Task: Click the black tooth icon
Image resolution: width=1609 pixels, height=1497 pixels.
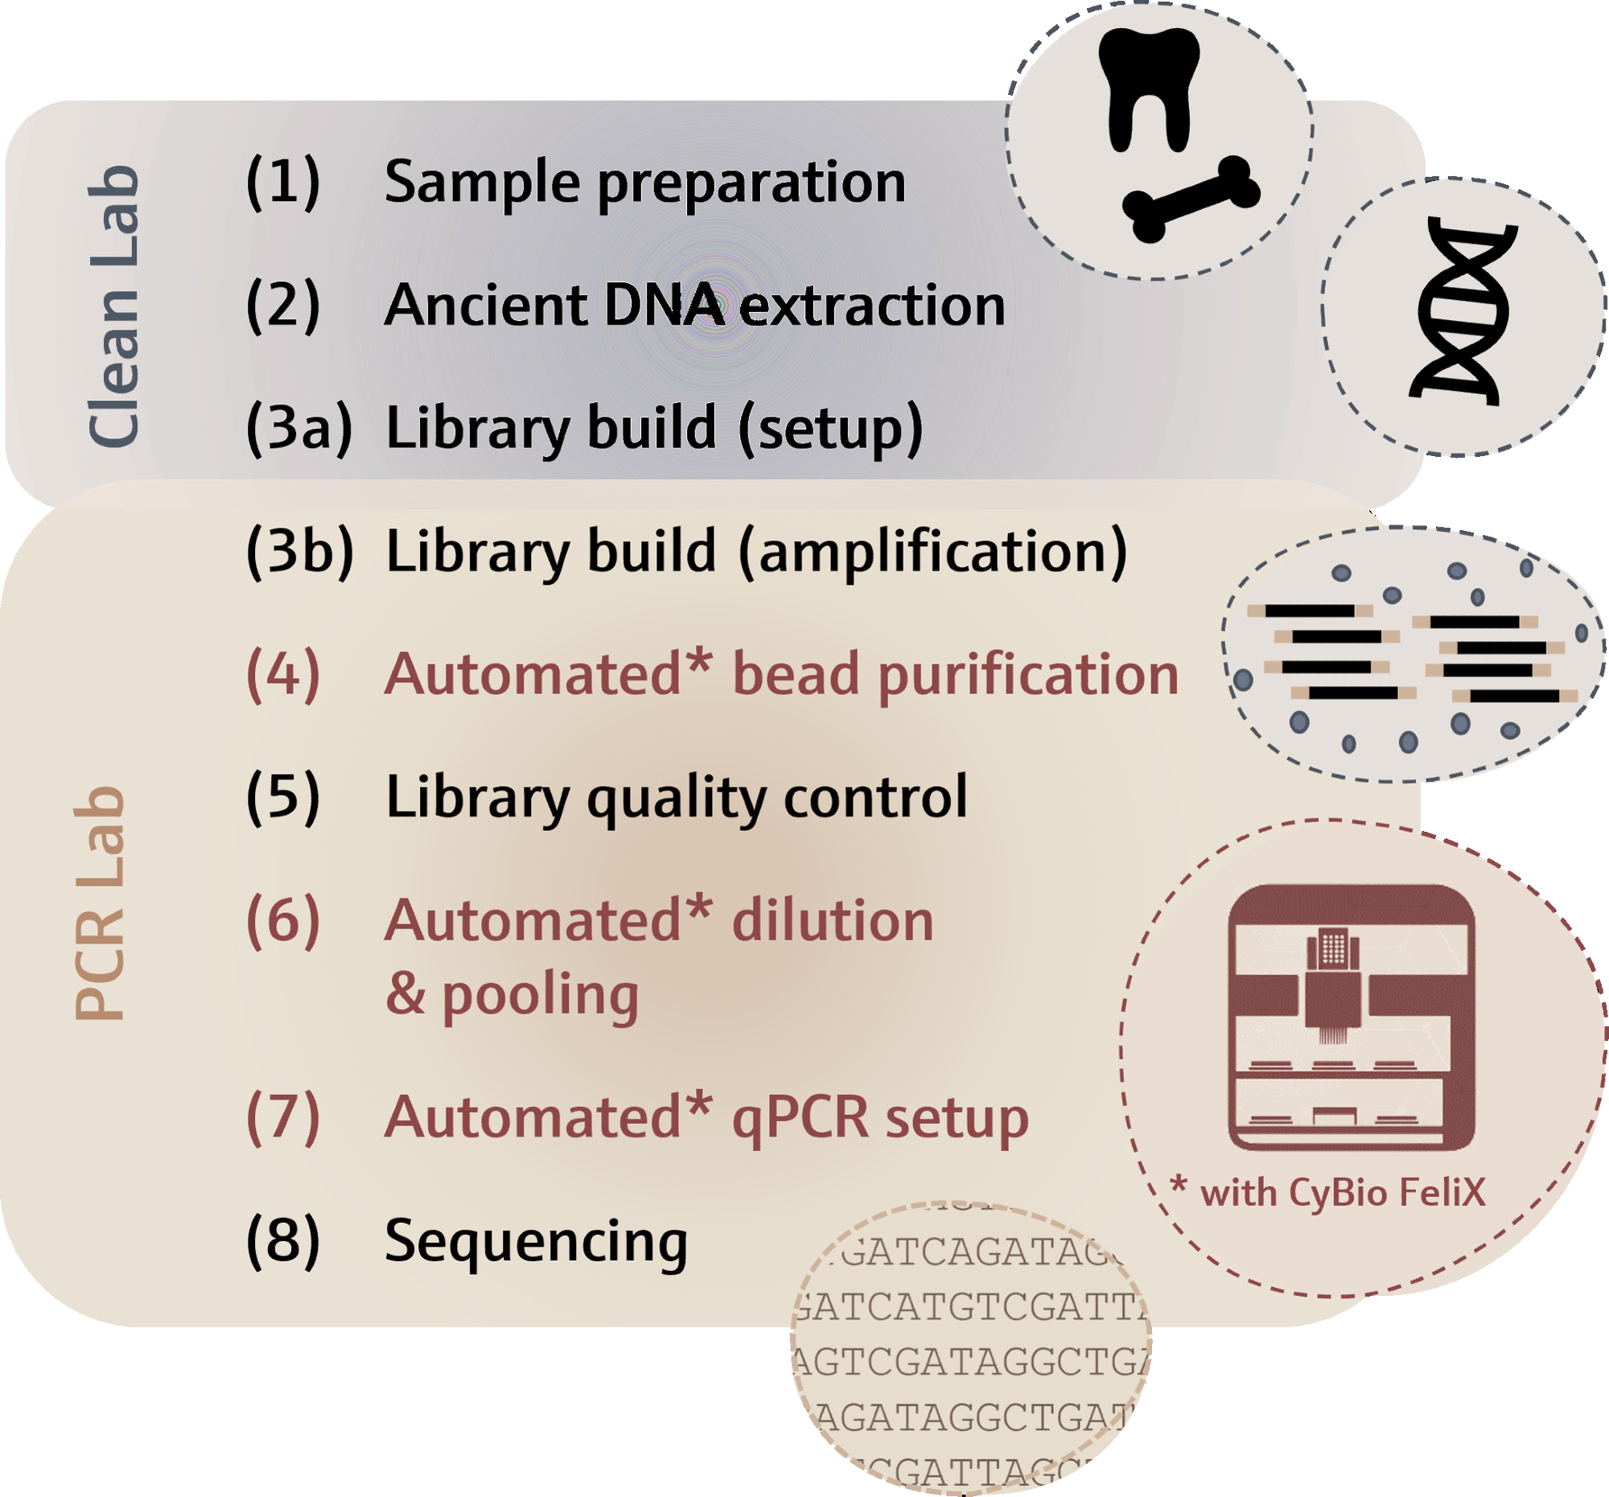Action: coord(1148,85)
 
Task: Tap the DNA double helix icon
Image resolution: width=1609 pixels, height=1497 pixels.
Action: coord(1462,311)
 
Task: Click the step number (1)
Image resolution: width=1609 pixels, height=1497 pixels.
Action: coord(283,182)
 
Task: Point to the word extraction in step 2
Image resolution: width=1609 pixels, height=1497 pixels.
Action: coord(872,306)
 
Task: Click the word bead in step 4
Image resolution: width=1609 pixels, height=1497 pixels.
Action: coord(795,675)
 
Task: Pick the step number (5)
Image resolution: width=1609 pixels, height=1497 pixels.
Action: coord(283,798)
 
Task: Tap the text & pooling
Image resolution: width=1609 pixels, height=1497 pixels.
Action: coord(512,995)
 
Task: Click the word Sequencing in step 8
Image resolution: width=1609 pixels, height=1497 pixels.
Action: coord(536,1241)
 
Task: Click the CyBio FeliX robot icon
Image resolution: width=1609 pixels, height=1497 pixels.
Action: coord(1351,1017)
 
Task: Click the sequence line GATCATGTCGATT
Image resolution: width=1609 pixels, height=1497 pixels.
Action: coord(970,1307)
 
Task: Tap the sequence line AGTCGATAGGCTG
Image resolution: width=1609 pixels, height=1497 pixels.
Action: coord(970,1362)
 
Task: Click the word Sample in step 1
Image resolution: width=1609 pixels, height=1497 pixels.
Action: coord(482,182)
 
